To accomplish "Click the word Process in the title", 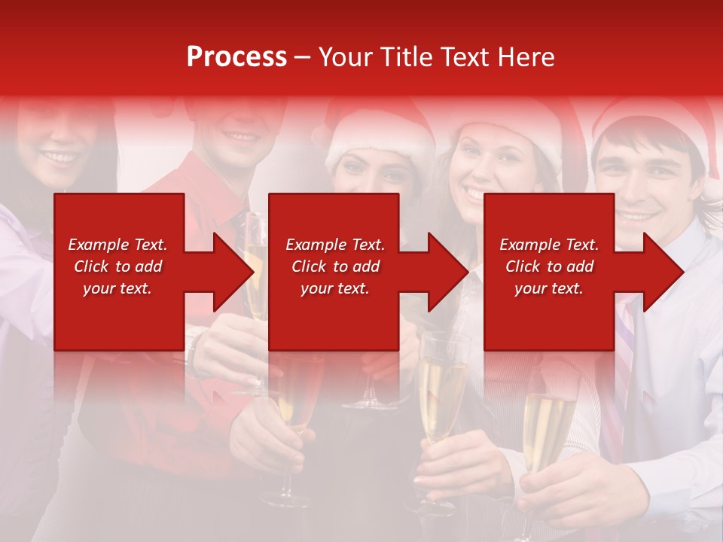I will tap(236, 57).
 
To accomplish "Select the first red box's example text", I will tap(117, 266).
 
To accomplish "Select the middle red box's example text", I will tap(335, 266).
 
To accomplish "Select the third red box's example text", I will tap(549, 266).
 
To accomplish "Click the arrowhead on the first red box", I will tap(230, 272).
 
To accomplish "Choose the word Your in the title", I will tap(346, 57).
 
